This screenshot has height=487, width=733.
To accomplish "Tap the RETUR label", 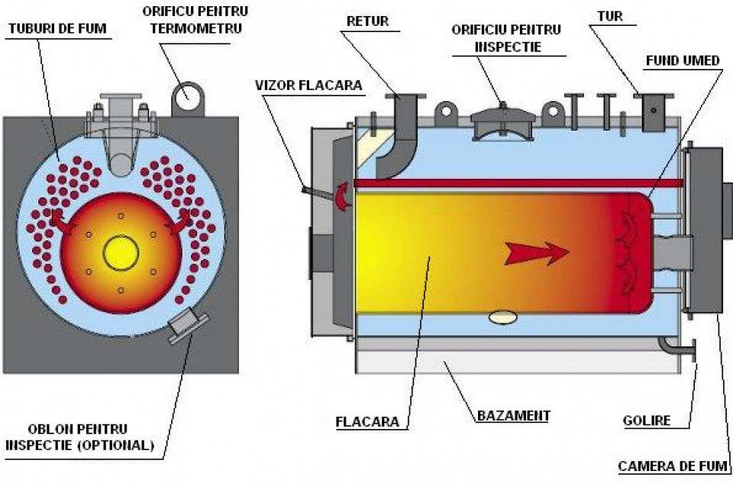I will (367, 21).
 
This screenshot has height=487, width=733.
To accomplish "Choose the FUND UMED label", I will (683, 60).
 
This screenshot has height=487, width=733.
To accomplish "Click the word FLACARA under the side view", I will (366, 420).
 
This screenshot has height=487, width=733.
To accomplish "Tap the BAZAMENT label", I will (513, 417).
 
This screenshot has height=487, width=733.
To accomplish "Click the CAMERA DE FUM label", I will (671, 466).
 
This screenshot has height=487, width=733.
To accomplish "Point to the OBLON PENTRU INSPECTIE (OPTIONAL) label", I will (79, 437).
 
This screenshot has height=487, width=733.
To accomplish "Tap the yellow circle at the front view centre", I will (121, 253).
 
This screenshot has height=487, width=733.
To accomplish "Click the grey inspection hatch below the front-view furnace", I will (184, 325).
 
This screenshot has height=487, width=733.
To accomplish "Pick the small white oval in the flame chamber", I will (501, 315).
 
